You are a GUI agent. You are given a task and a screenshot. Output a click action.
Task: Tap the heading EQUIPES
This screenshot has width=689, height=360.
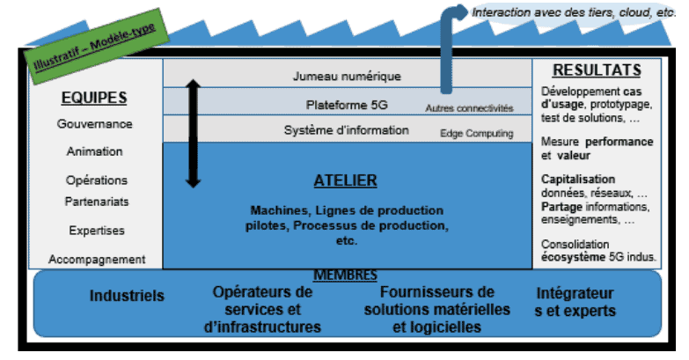[x=95, y=98]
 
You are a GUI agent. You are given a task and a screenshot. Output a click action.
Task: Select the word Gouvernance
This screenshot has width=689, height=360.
[x=95, y=124]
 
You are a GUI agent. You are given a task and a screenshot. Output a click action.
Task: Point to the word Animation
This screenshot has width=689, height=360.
[x=95, y=151]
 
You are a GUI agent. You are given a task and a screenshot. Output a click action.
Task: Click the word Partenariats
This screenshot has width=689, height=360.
[x=96, y=202]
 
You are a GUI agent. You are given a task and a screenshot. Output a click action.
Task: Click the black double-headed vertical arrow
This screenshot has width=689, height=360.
[x=194, y=134]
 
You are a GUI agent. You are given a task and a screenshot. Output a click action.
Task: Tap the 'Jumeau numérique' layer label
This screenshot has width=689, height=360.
[x=347, y=77]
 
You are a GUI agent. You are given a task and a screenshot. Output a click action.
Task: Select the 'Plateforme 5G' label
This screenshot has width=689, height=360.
[x=347, y=105]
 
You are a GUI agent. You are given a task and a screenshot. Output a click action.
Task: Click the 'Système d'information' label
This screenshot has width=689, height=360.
[x=347, y=130]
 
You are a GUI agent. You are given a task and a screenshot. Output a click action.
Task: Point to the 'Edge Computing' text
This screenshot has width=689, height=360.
[x=475, y=133]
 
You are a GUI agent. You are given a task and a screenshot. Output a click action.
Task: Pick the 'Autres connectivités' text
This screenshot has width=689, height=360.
[x=469, y=108]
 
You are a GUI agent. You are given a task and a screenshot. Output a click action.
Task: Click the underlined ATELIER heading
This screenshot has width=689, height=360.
[x=346, y=181]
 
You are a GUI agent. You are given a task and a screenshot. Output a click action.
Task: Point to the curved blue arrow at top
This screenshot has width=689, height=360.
[x=449, y=35]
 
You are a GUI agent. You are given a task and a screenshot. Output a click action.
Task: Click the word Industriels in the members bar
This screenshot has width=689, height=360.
[x=127, y=297]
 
